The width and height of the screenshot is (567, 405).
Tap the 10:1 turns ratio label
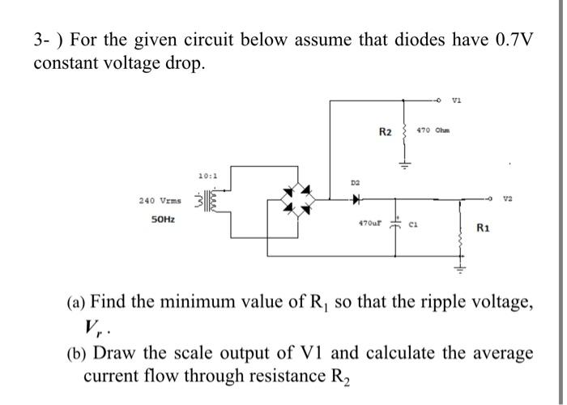coord(207,174)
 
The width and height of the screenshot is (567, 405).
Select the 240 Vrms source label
coord(160,199)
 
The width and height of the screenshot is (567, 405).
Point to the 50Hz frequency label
coord(165,220)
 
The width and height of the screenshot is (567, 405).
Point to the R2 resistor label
coord(386,130)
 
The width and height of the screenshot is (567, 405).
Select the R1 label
coord(484,228)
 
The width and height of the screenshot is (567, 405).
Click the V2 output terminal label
coord(507,197)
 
